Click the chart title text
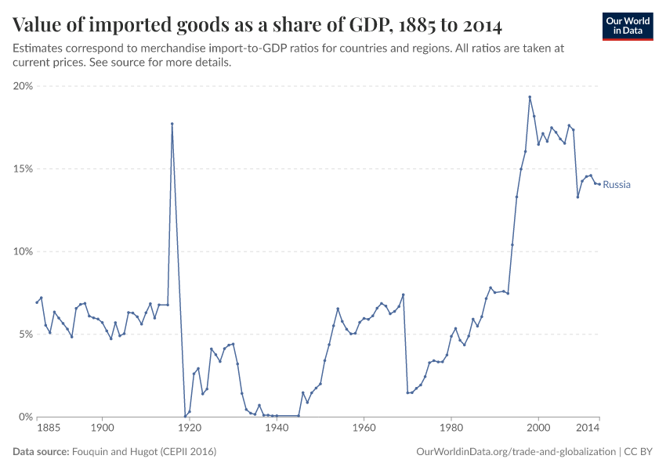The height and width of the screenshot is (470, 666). click(258, 24)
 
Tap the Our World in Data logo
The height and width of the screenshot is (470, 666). click(628, 26)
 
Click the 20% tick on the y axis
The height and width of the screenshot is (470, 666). click(23, 86)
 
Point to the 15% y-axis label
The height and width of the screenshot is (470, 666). click(23, 169)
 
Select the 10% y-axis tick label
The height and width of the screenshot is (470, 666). click(23, 251)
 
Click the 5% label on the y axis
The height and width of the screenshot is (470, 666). click(25, 334)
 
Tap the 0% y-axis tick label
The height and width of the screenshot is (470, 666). click(25, 417)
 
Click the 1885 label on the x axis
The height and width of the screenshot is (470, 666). click(49, 428)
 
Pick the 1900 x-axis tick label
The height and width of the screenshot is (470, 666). click(102, 428)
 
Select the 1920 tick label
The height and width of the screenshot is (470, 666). click(189, 428)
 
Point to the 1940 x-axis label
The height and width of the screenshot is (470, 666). click(276, 428)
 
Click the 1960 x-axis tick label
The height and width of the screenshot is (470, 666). click(363, 428)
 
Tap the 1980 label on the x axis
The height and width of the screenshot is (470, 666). click(451, 428)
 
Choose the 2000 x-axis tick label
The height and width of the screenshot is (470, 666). click(538, 428)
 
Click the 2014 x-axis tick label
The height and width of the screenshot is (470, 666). click(589, 428)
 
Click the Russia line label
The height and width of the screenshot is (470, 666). click(617, 185)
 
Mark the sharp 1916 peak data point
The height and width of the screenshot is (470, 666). click(172, 124)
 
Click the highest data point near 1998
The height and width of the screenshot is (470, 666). click(530, 97)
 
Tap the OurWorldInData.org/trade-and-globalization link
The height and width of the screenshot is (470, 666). click(516, 452)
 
